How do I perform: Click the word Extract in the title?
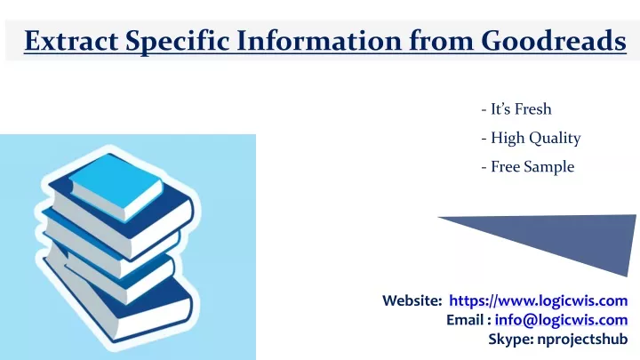tap(71, 40)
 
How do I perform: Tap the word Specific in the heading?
tap(177, 41)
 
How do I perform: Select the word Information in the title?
tap(319, 40)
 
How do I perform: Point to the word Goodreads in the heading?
tap(554, 40)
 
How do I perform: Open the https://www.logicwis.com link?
tap(539, 300)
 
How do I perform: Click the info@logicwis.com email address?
tap(561, 320)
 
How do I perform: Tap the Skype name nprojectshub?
tap(582, 339)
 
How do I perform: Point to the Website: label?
tap(412, 300)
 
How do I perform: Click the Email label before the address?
tap(468, 320)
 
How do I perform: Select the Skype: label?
tap(511, 339)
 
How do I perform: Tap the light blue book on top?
tap(116, 186)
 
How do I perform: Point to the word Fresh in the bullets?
tap(533, 109)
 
